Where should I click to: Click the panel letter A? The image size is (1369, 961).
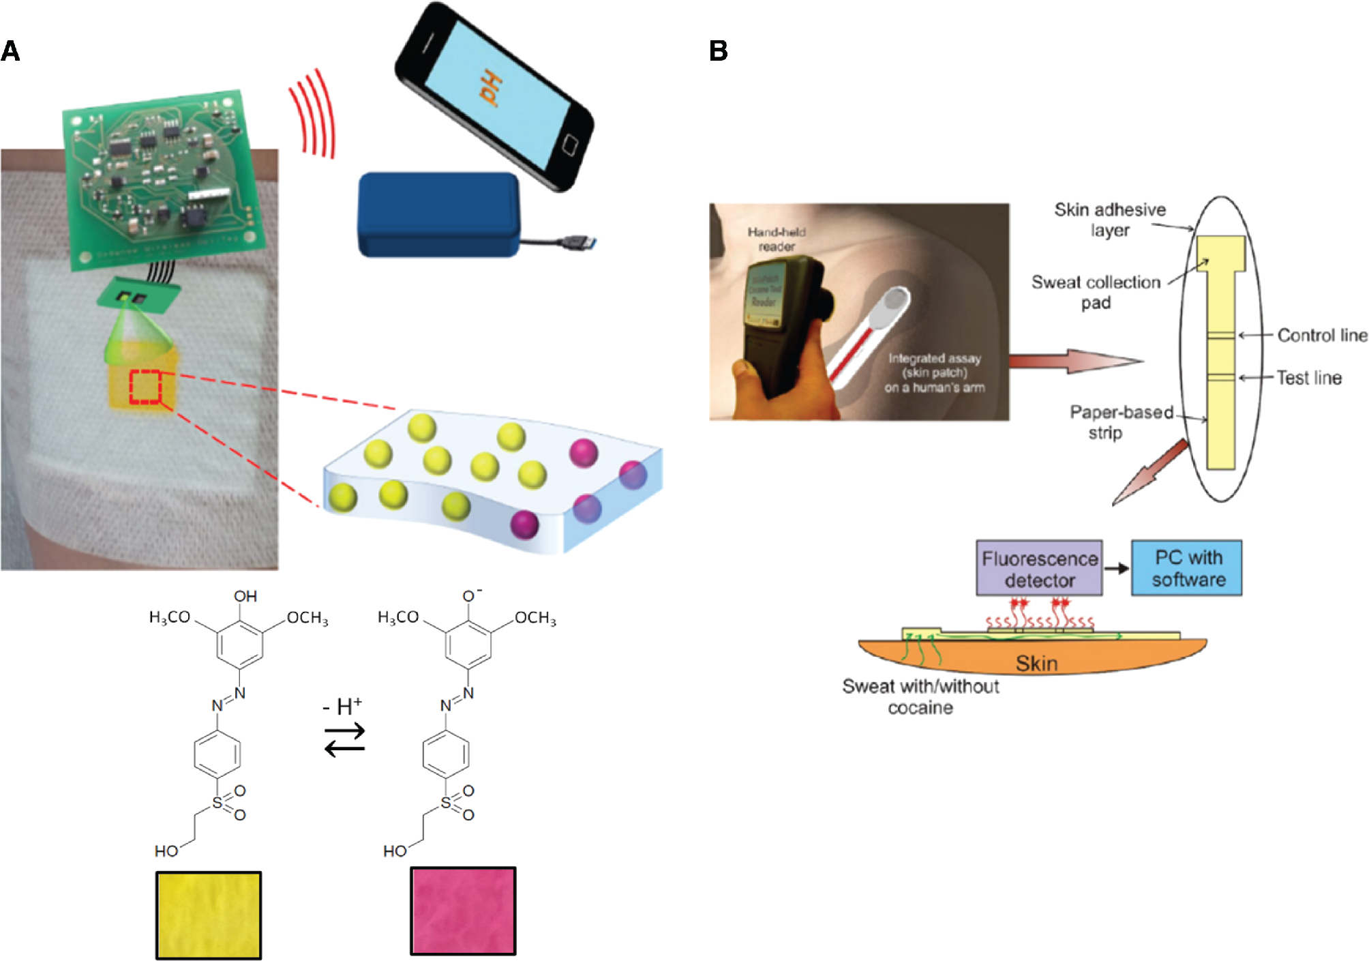point(10,51)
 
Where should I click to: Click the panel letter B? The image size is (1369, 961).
point(719,51)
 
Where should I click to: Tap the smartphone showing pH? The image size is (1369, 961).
point(494,95)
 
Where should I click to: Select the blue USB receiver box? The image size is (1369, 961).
point(438,214)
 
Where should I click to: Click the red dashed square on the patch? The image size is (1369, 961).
point(145,387)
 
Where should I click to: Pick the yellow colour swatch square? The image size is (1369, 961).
point(209,915)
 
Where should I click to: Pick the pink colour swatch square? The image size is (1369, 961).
point(463,911)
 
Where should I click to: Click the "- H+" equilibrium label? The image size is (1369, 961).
point(342,707)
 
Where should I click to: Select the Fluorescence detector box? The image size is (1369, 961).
point(1039,569)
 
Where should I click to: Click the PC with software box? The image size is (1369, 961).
point(1187,568)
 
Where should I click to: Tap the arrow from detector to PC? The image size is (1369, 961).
point(1117,568)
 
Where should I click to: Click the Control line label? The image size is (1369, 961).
point(1321,336)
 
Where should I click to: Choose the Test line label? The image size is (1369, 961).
point(1309,378)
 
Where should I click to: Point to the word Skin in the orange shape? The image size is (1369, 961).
point(1036,663)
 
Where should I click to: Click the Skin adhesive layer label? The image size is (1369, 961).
point(1109,220)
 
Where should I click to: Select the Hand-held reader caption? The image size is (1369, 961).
point(777,239)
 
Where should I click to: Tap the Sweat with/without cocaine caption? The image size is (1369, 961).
point(920,696)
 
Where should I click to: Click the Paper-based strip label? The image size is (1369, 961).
point(1121,422)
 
